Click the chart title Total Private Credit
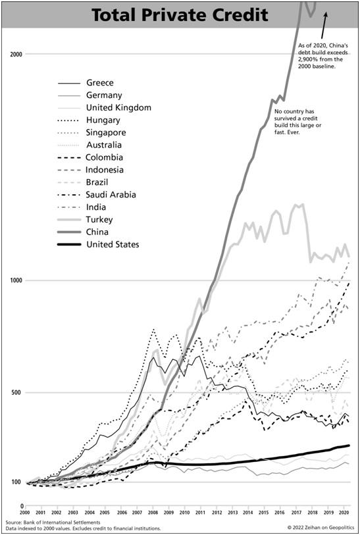click(180, 15)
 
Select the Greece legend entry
click(99, 82)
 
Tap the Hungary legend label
click(103, 120)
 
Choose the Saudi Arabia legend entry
click(111, 195)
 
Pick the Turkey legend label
click(99, 219)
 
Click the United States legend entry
click(113, 244)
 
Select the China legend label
click(97, 232)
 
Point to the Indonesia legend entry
click(105, 170)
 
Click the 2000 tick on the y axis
click(16, 54)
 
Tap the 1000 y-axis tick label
click(16, 280)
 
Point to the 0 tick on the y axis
click(22, 506)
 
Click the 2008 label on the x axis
click(153, 513)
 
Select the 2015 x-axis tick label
click(263, 513)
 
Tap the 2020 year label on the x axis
click(342, 513)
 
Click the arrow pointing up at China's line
click(324, 26)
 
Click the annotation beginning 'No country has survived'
click(298, 122)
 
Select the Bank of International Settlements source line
click(53, 522)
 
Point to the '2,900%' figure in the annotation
click(306, 59)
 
